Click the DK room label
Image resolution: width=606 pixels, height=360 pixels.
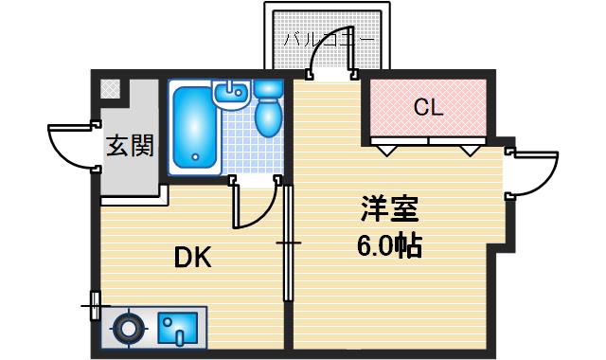(x=193, y=256)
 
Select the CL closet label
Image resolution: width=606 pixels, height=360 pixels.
(x=428, y=107)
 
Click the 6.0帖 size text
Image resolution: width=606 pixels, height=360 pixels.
(x=388, y=246)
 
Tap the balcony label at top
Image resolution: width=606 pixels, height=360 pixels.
(x=327, y=40)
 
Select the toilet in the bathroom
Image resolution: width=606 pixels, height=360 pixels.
(x=269, y=108)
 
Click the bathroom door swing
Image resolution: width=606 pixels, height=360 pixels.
(x=250, y=204)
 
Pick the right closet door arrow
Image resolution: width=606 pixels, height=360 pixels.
(x=469, y=149)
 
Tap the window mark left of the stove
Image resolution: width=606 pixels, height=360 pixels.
(x=95, y=305)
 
